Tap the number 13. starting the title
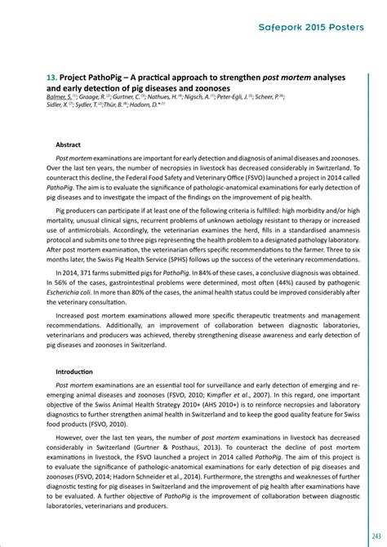pyautogui.click(x=51, y=76)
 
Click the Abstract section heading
pyautogui.click(x=68, y=144)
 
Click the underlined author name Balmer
pyautogui.click(x=60, y=97)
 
